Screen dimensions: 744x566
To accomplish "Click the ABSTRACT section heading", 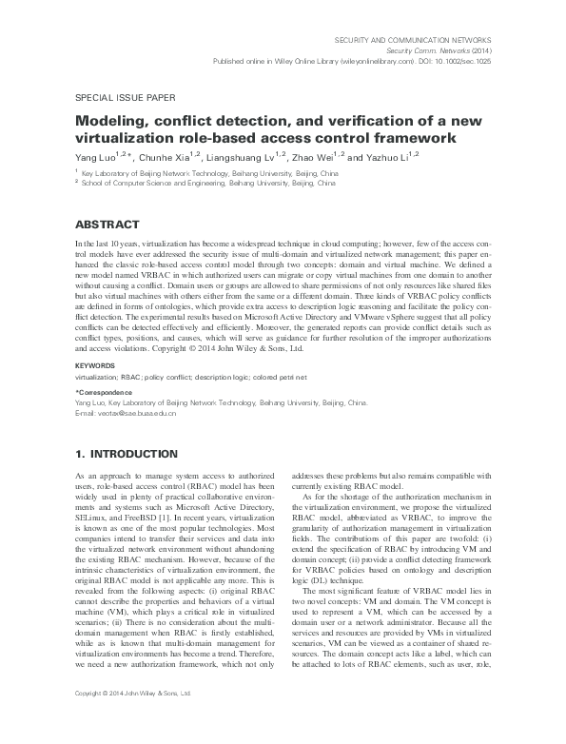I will (107, 225).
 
